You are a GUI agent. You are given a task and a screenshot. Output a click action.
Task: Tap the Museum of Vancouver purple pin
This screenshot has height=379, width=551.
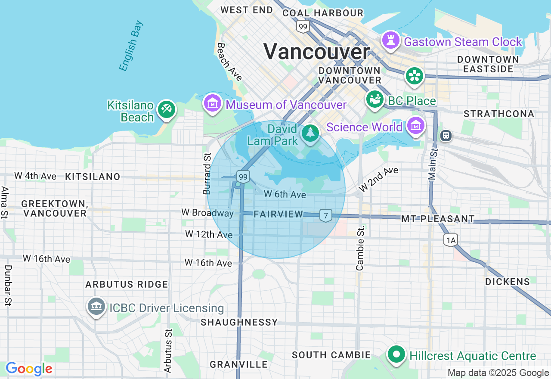click(x=213, y=103)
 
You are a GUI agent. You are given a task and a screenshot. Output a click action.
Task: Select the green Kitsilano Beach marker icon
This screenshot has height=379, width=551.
click(x=166, y=109)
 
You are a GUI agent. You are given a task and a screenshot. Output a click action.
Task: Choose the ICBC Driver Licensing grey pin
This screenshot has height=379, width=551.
click(x=96, y=307)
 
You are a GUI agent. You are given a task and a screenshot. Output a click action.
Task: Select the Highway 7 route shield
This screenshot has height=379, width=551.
click(x=326, y=215)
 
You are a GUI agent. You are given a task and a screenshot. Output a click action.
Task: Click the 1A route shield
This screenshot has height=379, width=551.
click(x=451, y=240)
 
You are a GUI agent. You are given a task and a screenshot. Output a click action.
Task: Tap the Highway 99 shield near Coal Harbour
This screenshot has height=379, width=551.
click(x=303, y=27)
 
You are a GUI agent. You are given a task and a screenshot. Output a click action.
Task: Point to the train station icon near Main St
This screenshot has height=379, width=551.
click(x=446, y=136)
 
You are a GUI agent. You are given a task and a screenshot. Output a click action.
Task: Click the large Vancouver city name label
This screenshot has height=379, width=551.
click(x=316, y=52)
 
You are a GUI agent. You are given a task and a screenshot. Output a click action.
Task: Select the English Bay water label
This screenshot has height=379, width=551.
click(x=131, y=46)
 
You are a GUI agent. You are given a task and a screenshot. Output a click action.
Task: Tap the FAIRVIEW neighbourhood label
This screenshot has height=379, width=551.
click(x=278, y=214)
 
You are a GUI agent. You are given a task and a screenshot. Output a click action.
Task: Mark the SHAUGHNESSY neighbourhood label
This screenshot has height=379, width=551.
click(x=239, y=322)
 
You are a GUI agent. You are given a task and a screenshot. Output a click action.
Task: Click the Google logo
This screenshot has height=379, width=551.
click(x=29, y=369)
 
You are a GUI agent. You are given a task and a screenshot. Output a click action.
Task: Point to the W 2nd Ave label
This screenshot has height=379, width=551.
click(x=378, y=179)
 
